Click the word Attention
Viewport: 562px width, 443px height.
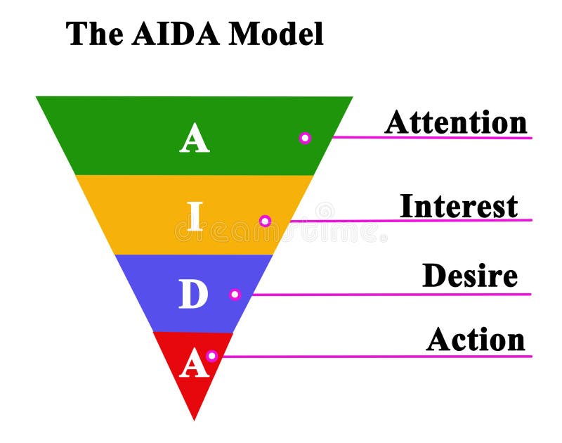coord(456,122)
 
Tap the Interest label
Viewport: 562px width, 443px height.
coord(459,207)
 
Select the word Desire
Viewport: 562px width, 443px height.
coord(470,276)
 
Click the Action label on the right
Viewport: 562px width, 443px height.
coord(476,340)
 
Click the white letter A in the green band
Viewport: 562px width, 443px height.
coord(195,139)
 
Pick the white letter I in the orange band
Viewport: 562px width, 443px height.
coord(195,217)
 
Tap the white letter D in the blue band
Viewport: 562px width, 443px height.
coord(194,295)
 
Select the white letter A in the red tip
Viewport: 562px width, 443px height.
coord(194,364)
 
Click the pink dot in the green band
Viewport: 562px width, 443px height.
coord(305,138)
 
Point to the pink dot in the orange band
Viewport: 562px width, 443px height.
coord(265,221)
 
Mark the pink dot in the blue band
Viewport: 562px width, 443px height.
coord(235,295)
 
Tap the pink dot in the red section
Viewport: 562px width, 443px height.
coord(211,356)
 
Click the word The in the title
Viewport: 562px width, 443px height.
coord(93,34)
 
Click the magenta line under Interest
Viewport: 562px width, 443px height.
coord(421,221)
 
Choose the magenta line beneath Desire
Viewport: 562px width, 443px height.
coord(393,295)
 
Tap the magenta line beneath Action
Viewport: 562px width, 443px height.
coord(379,356)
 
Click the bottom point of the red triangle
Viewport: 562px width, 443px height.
coord(195,420)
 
